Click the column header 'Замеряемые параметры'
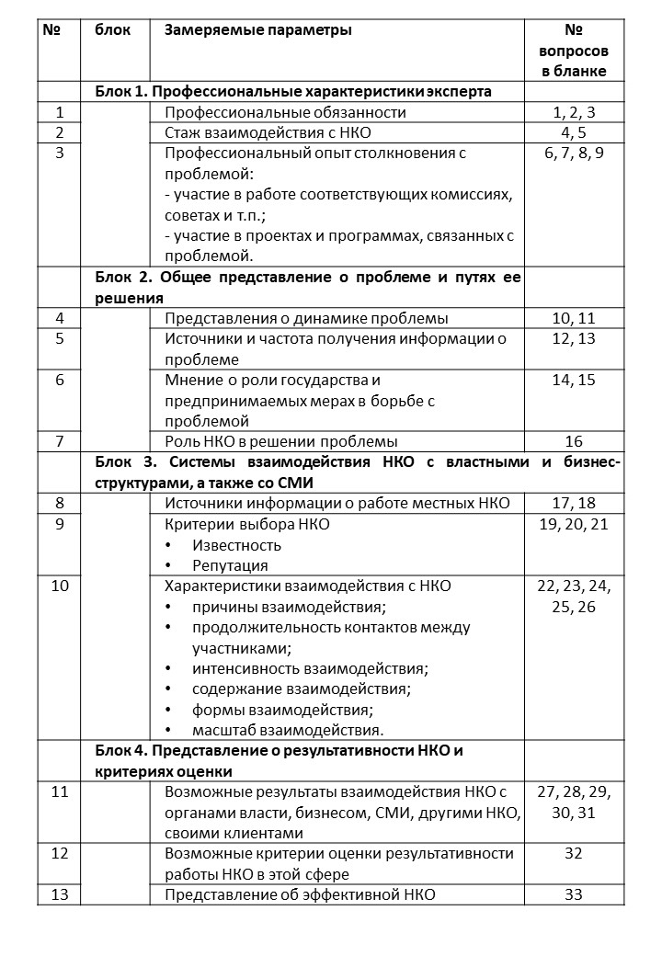[257, 30]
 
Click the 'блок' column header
[113, 30]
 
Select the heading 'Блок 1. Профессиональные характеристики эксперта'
[293, 91]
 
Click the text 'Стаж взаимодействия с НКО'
[255, 132]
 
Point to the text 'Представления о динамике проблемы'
[306, 319]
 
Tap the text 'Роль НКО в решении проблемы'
[281, 441]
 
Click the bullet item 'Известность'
[236, 545]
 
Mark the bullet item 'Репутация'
[230, 565]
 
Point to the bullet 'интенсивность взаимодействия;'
[311, 668]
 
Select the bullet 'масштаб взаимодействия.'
[287, 730]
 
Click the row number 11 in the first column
[59, 792]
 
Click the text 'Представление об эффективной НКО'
[300, 894]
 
